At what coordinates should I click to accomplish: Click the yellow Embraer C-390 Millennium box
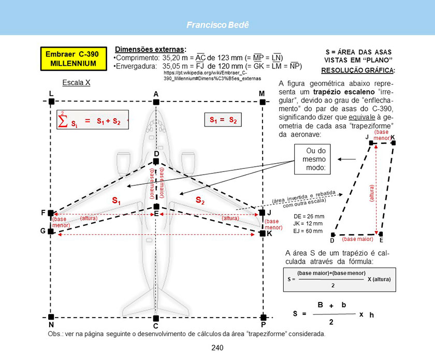(x=74, y=59)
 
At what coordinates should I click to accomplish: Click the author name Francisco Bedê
(x=218, y=25)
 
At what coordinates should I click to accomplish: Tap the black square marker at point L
(x=51, y=102)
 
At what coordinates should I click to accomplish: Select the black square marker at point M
(x=263, y=102)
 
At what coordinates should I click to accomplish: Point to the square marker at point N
(x=51, y=316)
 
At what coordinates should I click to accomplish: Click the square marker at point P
(x=263, y=317)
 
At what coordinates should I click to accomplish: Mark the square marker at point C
(x=156, y=318)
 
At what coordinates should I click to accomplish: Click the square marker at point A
(x=156, y=102)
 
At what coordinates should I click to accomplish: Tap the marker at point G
(x=51, y=231)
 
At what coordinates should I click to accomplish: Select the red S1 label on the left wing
(x=116, y=200)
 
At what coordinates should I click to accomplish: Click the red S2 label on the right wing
(x=200, y=200)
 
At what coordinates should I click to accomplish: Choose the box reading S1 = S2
(x=223, y=120)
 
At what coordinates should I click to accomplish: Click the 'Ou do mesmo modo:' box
(x=312, y=159)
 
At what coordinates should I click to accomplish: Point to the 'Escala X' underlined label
(x=76, y=83)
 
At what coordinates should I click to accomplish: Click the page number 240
(x=217, y=348)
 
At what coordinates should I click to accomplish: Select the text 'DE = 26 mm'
(x=309, y=217)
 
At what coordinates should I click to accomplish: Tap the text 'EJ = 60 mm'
(x=308, y=231)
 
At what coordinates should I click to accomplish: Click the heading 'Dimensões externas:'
(x=151, y=49)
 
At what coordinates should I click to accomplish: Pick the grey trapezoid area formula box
(x=340, y=280)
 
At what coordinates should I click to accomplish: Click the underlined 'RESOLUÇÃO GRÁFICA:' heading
(x=358, y=70)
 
